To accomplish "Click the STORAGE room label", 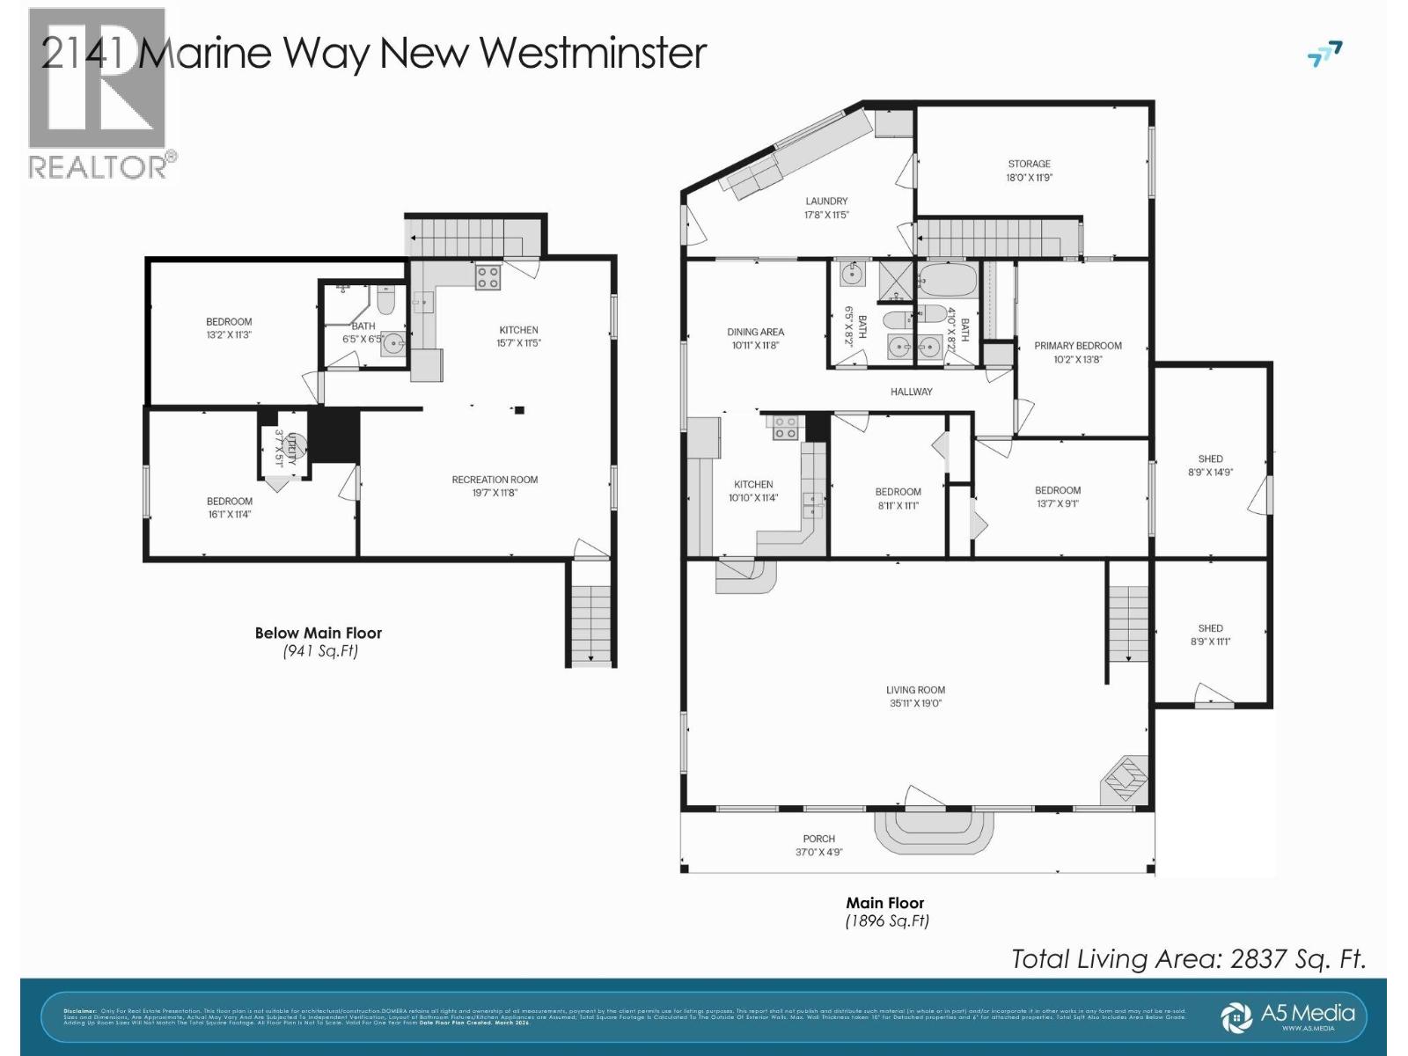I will point(1029,164).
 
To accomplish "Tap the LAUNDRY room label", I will point(825,202).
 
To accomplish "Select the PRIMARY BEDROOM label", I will point(1077,346).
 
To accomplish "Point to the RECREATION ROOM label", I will point(495,480).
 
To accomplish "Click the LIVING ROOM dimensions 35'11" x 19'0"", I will point(915,703).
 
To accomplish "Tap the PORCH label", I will point(818,839).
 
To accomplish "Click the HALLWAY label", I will point(911,392).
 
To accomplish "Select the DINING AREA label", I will point(755,332).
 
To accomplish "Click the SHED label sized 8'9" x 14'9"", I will point(1210,458).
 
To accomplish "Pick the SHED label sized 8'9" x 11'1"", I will point(1210,628).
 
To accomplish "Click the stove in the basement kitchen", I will point(488,277).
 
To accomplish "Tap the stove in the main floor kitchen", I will point(784,428).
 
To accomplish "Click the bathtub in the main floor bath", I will point(948,281).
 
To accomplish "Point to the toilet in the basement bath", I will point(385,302).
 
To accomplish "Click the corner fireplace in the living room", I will point(1126,778).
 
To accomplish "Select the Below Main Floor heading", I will point(318,633).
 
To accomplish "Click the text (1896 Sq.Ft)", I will point(886,921).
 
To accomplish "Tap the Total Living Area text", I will point(1188,958).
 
